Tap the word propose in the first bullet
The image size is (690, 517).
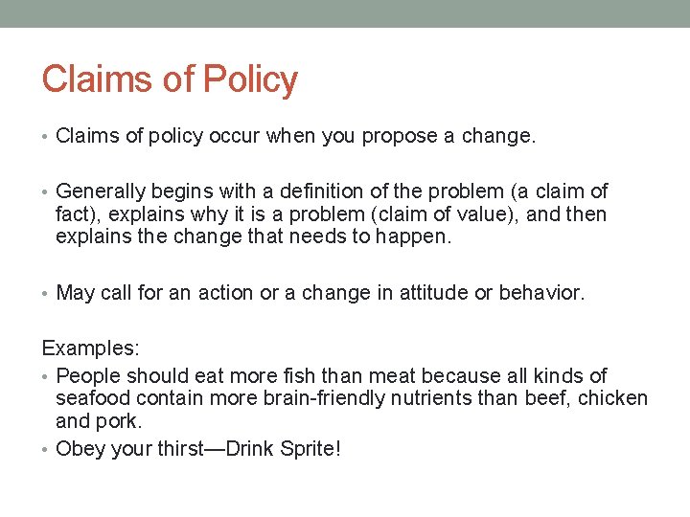[399, 136]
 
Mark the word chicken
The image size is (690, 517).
[614, 398]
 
